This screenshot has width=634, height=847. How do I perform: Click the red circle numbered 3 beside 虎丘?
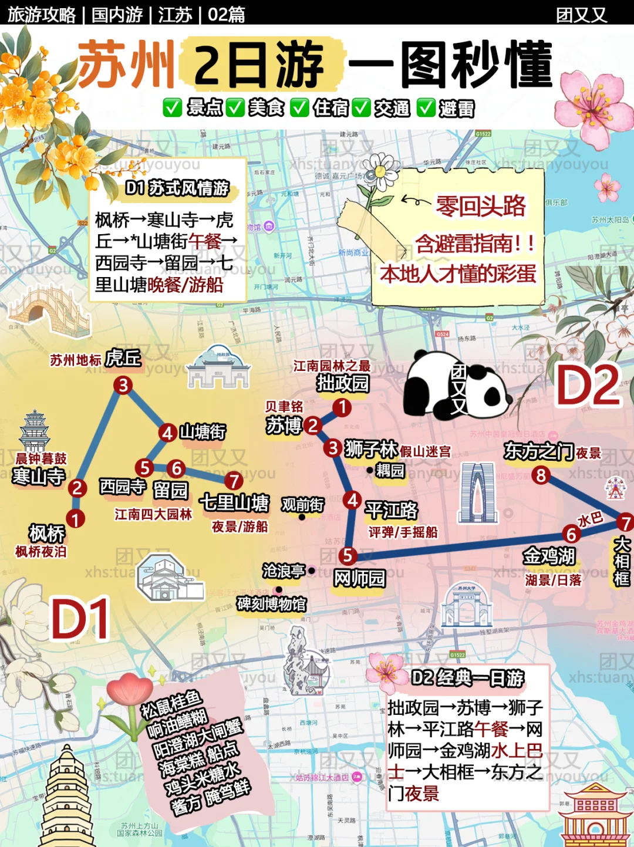pyautogui.click(x=123, y=385)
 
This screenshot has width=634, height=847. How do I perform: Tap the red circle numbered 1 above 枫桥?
pyautogui.click(x=75, y=519)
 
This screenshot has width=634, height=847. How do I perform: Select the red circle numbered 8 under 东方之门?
pyautogui.click(x=541, y=475)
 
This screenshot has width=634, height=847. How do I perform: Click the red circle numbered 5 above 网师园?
pyautogui.click(x=348, y=555)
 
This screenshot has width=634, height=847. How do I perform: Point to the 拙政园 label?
pyautogui.click(x=343, y=383)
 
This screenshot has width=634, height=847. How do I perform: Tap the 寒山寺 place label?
pyautogui.click(x=39, y=476)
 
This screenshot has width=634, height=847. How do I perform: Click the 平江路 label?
pyautogui.click(x=392, y=510)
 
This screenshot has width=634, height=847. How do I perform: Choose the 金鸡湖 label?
pyautogui.click(x=549, y=555)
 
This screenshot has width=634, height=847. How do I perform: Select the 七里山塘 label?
pyautogui.click(x=235, y=502)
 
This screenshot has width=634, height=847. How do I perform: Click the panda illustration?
pyautogui.click(x=455, y=384)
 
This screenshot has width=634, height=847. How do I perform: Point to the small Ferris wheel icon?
pyautogui.click(x=616, y=488)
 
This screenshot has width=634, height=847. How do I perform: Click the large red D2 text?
pyautogui.click(x=588, y=386)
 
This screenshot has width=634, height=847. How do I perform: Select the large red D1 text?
pyautogui.click(x=81, y=619)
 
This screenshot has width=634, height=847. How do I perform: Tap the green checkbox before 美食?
pyautogui.click(x=235, y=107)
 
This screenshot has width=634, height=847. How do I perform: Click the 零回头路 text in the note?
pyautogui.click(x=481, y=206)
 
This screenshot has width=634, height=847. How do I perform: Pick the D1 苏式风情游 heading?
pyautogui.click(x=177, y=188)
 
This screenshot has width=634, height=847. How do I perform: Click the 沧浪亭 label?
pyautogui.click(x=284, y=571)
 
